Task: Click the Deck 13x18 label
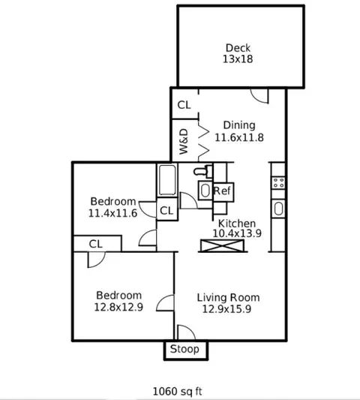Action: (x=238, y=53)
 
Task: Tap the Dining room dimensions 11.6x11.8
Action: (x=239, y=137)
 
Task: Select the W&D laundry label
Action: (x=184, y=142)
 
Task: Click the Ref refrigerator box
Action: (x=223, y=192)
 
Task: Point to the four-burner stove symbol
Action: (x=278, y=183)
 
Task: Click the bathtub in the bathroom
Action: (x=167, y=180)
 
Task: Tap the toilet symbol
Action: (x=203, y=170)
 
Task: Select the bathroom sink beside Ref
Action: (x=205, y=191)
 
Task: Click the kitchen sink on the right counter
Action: (x=278, y=209)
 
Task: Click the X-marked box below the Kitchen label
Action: (x=222, y=245)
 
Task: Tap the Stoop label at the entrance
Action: (x=184, y=349)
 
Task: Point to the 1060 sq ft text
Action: (x=178, y=391)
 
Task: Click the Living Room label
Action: (x=229, y=297)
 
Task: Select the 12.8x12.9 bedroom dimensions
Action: (x=118, y=307)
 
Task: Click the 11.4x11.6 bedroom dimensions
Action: (x=112, y=213)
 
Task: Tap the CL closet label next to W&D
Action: (x=184, y=105)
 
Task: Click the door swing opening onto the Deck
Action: (x=259, y=96)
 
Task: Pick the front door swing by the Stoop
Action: (x=185, y=332)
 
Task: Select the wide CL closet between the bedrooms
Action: (x=97, y=244)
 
